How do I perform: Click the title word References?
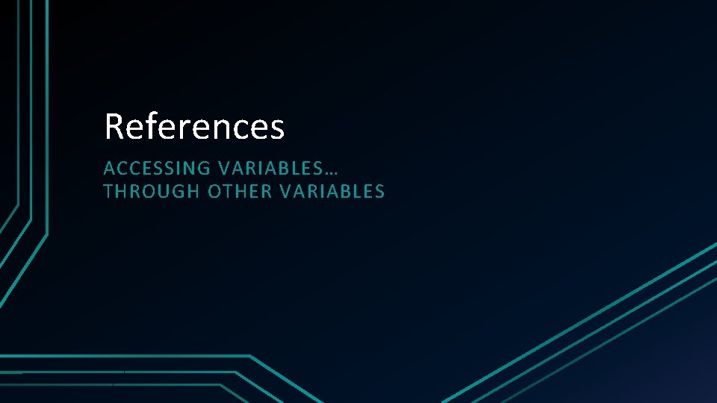click(194, 126)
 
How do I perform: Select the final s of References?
click(277, 128)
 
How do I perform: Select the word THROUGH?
click(152, 192)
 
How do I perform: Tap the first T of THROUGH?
click(109, 192)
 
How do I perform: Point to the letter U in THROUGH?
click(166, 192)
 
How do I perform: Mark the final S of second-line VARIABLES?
click(380, 192)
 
